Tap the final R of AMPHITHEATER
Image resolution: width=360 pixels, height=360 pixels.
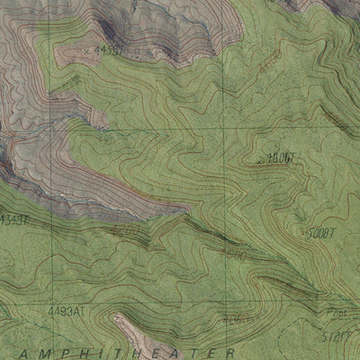tap(231, 351)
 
